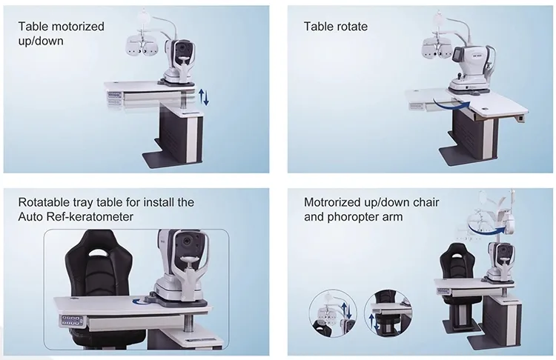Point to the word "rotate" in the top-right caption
click(351, 27)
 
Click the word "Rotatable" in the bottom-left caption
click(44, 201)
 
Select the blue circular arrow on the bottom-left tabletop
click(139, 301)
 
